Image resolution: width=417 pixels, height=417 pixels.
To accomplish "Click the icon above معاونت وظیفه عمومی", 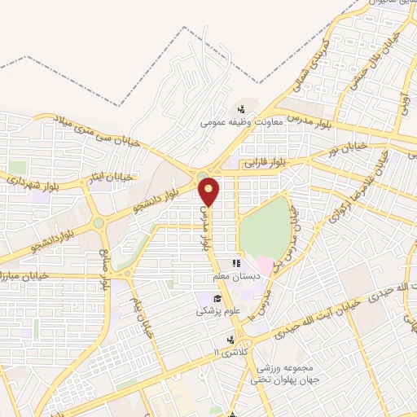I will [240, 110].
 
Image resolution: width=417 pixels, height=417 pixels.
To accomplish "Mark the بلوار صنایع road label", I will [104, 260].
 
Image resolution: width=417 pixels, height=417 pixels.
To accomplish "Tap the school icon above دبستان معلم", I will [237, 264].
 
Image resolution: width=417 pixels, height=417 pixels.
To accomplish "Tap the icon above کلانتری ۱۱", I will [230, 339].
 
